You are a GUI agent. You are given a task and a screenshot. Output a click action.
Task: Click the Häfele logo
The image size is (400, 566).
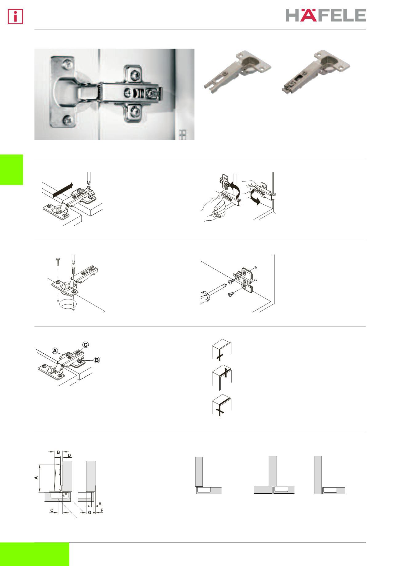(326, 15)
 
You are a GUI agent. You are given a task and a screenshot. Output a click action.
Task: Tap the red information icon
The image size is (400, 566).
(16, 17)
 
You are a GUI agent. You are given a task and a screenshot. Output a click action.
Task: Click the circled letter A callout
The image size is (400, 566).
(55, 351)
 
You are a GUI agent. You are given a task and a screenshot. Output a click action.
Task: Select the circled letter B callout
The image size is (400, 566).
(97, 359)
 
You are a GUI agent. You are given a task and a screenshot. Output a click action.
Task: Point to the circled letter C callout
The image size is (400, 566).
(85, 345)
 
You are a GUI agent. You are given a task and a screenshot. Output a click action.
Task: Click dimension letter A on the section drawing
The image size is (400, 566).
(36, 478)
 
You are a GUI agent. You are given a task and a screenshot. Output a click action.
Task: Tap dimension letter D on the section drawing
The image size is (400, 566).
(69, 455)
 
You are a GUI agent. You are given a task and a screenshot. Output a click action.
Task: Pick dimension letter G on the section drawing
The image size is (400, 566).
(90, 513)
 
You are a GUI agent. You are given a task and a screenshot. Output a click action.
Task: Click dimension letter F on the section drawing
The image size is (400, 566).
(102, 510)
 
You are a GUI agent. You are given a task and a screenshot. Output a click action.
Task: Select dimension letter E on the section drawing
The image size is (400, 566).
(100, 504)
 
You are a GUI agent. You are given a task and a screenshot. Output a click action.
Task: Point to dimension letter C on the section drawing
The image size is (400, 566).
(52, 510)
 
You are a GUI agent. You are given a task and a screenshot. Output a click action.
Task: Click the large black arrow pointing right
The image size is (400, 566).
(63, 190)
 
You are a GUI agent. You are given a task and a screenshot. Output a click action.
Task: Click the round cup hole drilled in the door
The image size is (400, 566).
(67, 303)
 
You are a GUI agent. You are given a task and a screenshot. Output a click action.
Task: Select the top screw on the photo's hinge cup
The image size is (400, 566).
(67, 65)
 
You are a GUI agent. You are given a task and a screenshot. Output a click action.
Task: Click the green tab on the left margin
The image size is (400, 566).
(11, 170)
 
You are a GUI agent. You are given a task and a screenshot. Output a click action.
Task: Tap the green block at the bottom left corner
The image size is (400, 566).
(34, 554)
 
